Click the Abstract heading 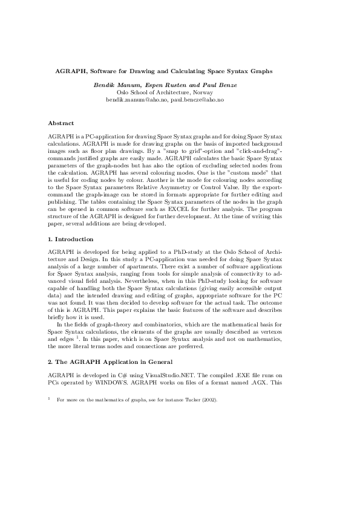point(61,123)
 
